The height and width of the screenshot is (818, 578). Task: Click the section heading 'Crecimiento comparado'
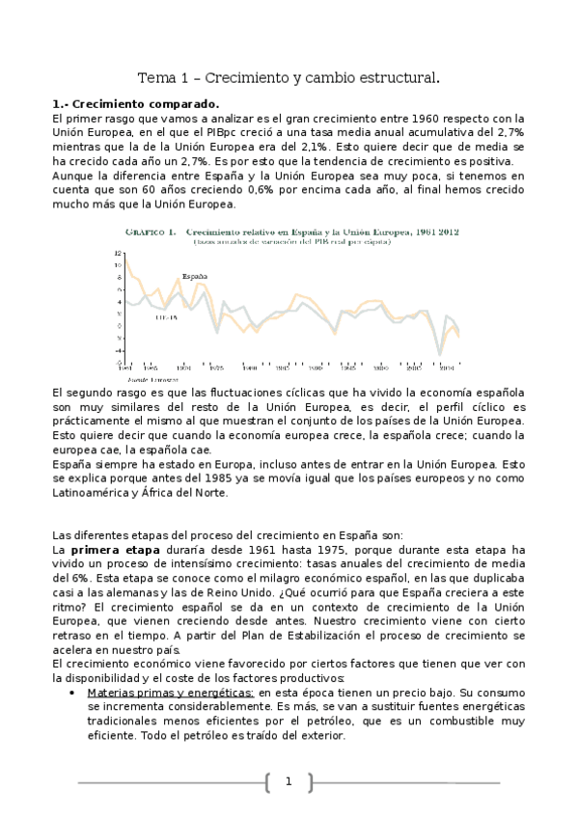[141, 103]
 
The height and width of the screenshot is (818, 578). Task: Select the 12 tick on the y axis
[118, 253]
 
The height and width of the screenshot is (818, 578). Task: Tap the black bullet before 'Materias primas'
[75, 694]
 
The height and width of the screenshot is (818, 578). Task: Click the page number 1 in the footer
[288, 782]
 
